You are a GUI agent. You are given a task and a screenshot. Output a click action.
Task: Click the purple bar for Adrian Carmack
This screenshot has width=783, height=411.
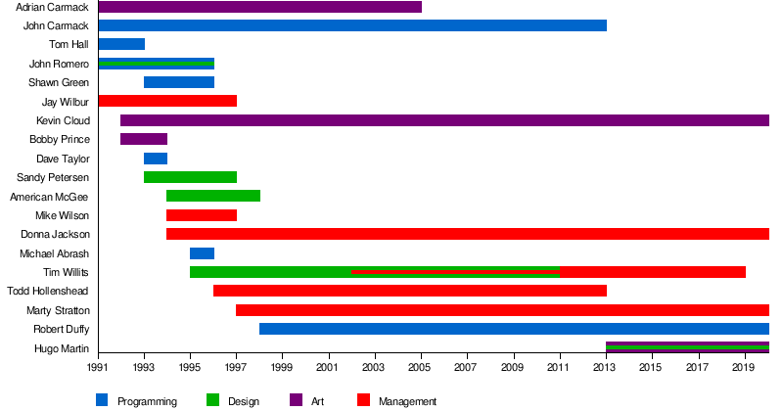coord(259,7)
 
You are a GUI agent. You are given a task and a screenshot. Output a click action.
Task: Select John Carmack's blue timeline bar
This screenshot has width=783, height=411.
coord(352,25)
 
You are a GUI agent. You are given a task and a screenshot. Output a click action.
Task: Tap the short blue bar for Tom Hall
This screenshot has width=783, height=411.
coord(121,44)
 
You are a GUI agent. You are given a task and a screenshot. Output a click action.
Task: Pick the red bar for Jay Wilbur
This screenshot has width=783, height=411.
coord(167,101)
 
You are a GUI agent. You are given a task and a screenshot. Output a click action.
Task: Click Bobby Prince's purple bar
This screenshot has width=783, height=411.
coord(144,139)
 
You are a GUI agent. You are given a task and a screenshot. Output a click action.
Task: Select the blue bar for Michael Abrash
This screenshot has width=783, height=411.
coord(202,253)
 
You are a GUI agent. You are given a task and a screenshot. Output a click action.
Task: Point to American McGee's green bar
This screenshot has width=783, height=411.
coord(213,196)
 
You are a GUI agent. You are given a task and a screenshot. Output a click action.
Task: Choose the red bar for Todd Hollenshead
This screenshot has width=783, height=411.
coord(409,291)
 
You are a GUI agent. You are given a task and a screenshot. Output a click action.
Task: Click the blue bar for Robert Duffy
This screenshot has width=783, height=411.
coord(514,329)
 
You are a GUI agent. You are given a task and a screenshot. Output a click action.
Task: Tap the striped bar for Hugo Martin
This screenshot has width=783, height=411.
coord(687,347)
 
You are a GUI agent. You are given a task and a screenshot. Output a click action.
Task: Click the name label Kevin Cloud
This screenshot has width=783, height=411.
coord(63,120)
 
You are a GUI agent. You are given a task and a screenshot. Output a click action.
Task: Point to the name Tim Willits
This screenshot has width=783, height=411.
coord(67,272)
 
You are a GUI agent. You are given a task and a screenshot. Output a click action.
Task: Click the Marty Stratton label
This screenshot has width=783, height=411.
coord(58,310)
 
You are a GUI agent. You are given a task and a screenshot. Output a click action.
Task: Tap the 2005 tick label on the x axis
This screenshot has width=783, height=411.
coord(421,368)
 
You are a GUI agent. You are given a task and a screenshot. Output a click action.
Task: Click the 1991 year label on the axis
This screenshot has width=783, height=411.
coord(98,368)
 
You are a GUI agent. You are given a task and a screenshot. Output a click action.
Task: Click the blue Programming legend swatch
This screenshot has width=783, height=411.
coord(102,399)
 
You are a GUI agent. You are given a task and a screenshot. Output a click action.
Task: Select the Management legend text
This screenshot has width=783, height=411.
coord(407,401)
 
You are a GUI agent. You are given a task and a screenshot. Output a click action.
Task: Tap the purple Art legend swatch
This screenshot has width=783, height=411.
coord(295,399)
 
